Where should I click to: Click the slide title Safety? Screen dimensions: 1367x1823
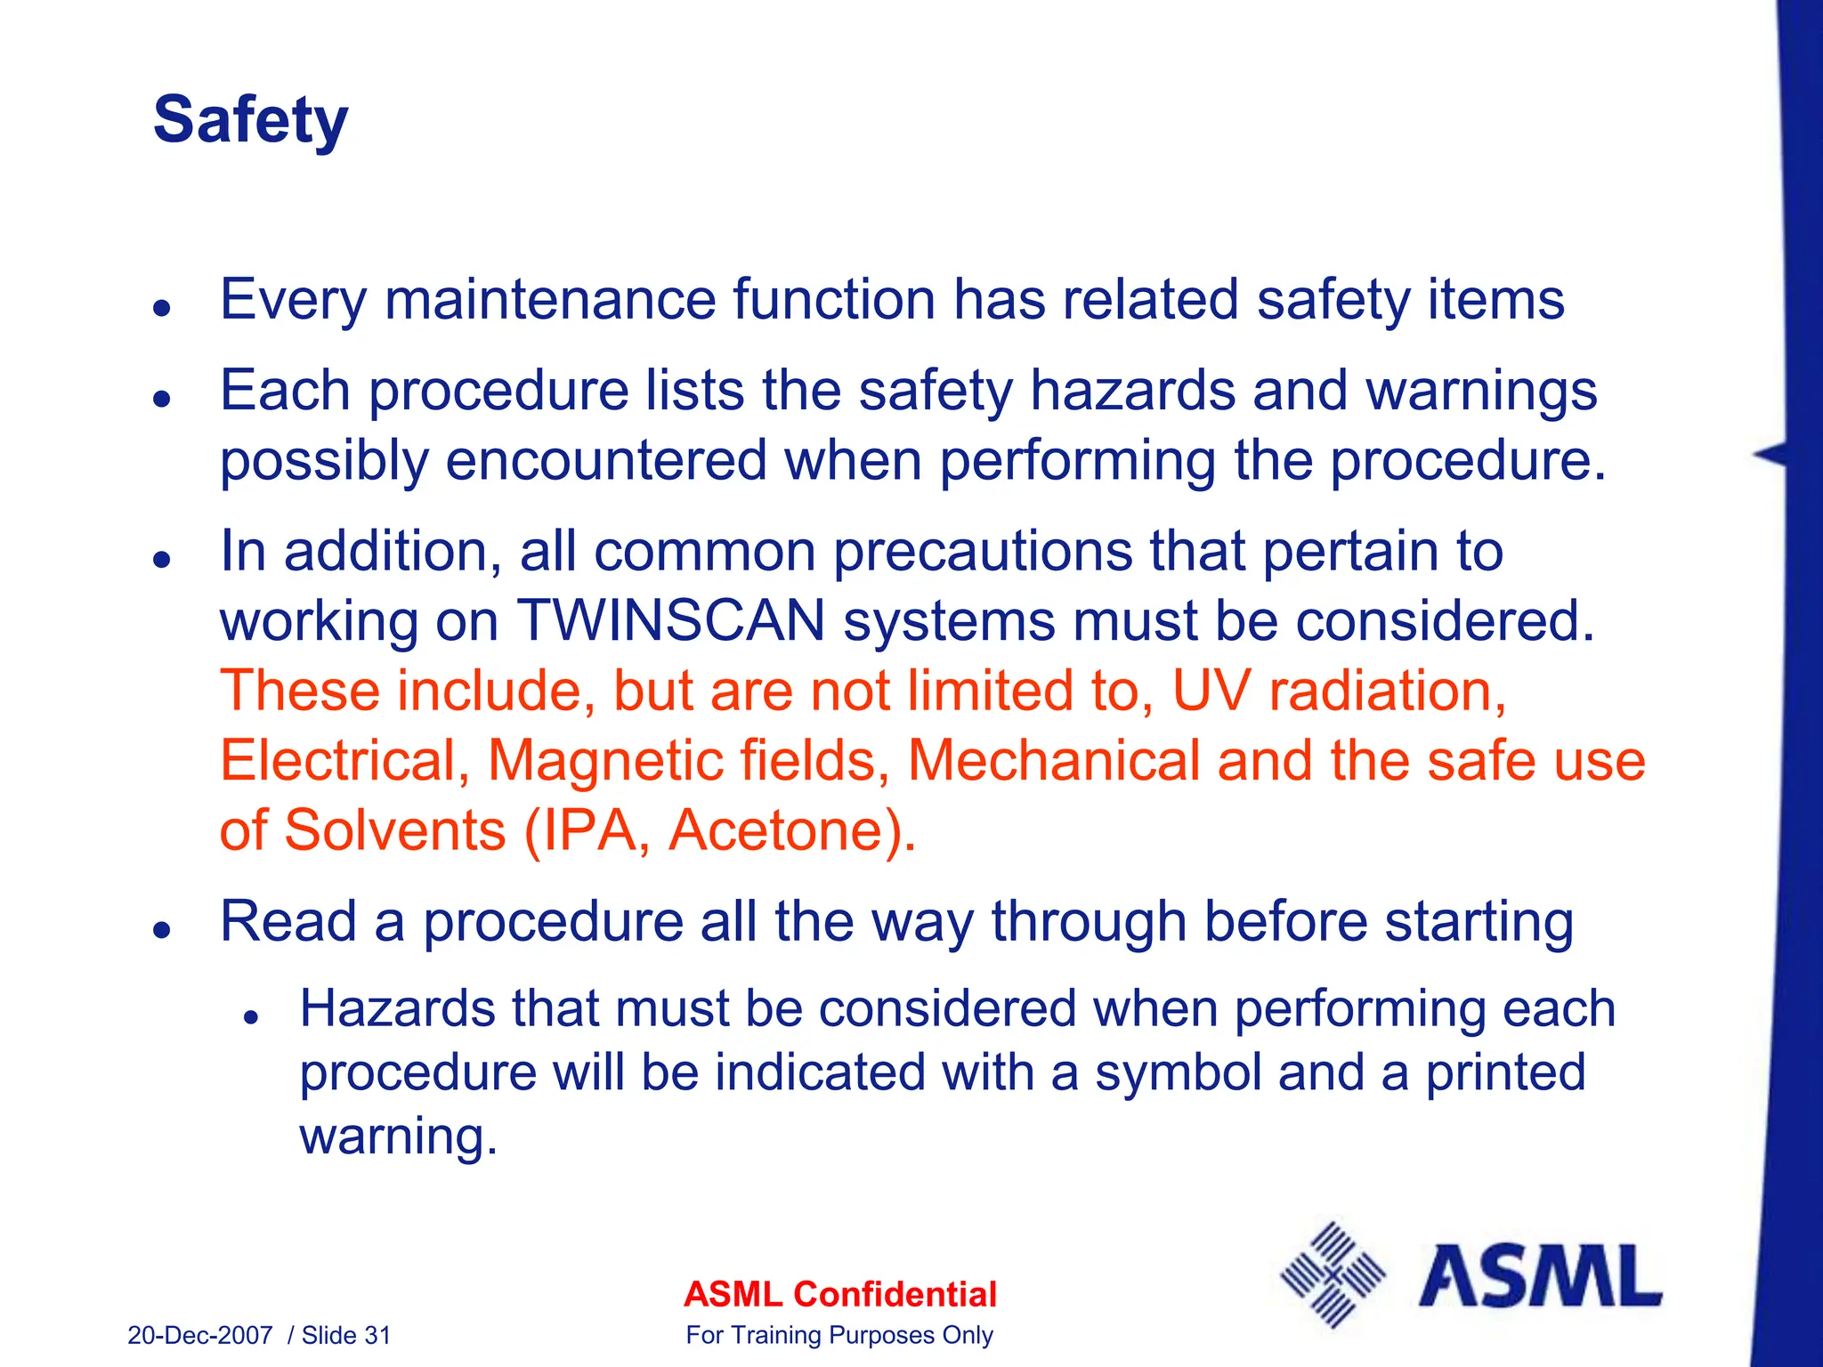point(250,120)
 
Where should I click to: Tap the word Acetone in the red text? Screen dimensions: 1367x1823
point(780,830)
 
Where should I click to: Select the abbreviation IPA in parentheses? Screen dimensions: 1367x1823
point(588,830)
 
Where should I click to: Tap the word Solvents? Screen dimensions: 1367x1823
point(394,830)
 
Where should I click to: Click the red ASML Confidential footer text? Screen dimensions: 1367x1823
point(839,1294)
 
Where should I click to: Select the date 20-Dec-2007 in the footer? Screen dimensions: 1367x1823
point(199,1335)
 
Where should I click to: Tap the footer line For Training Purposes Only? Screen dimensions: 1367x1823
point(839,1335)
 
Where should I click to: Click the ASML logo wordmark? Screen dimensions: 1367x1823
point(1540,1277)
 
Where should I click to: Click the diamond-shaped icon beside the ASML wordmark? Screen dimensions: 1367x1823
point(1332,1276)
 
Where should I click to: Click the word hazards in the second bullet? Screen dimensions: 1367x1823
point(1133,391)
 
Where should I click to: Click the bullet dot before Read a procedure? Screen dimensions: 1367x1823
point(161,930)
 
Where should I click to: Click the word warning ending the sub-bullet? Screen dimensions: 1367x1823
point(397,1136)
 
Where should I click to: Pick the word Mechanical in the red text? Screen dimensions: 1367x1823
point(1054,762)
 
